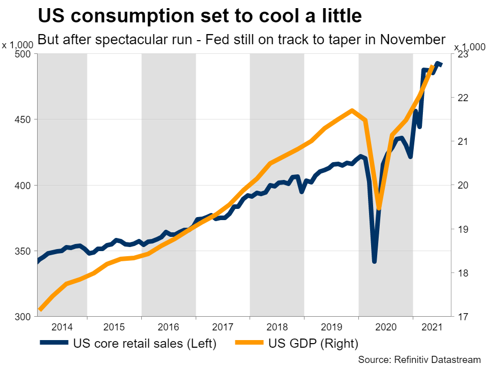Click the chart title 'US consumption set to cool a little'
tap(200, 16)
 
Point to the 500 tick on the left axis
tap(25, 54)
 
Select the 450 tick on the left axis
tap(25, 119)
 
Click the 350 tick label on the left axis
tap(25, 251)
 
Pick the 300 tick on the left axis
tap(25, 317)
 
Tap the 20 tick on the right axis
tap(460, 185)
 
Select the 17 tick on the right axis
tap(460, 317)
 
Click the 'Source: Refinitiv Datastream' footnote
tap(419, 359)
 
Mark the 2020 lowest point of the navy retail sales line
tap(375, 261)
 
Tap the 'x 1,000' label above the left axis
tap(17, 45)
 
